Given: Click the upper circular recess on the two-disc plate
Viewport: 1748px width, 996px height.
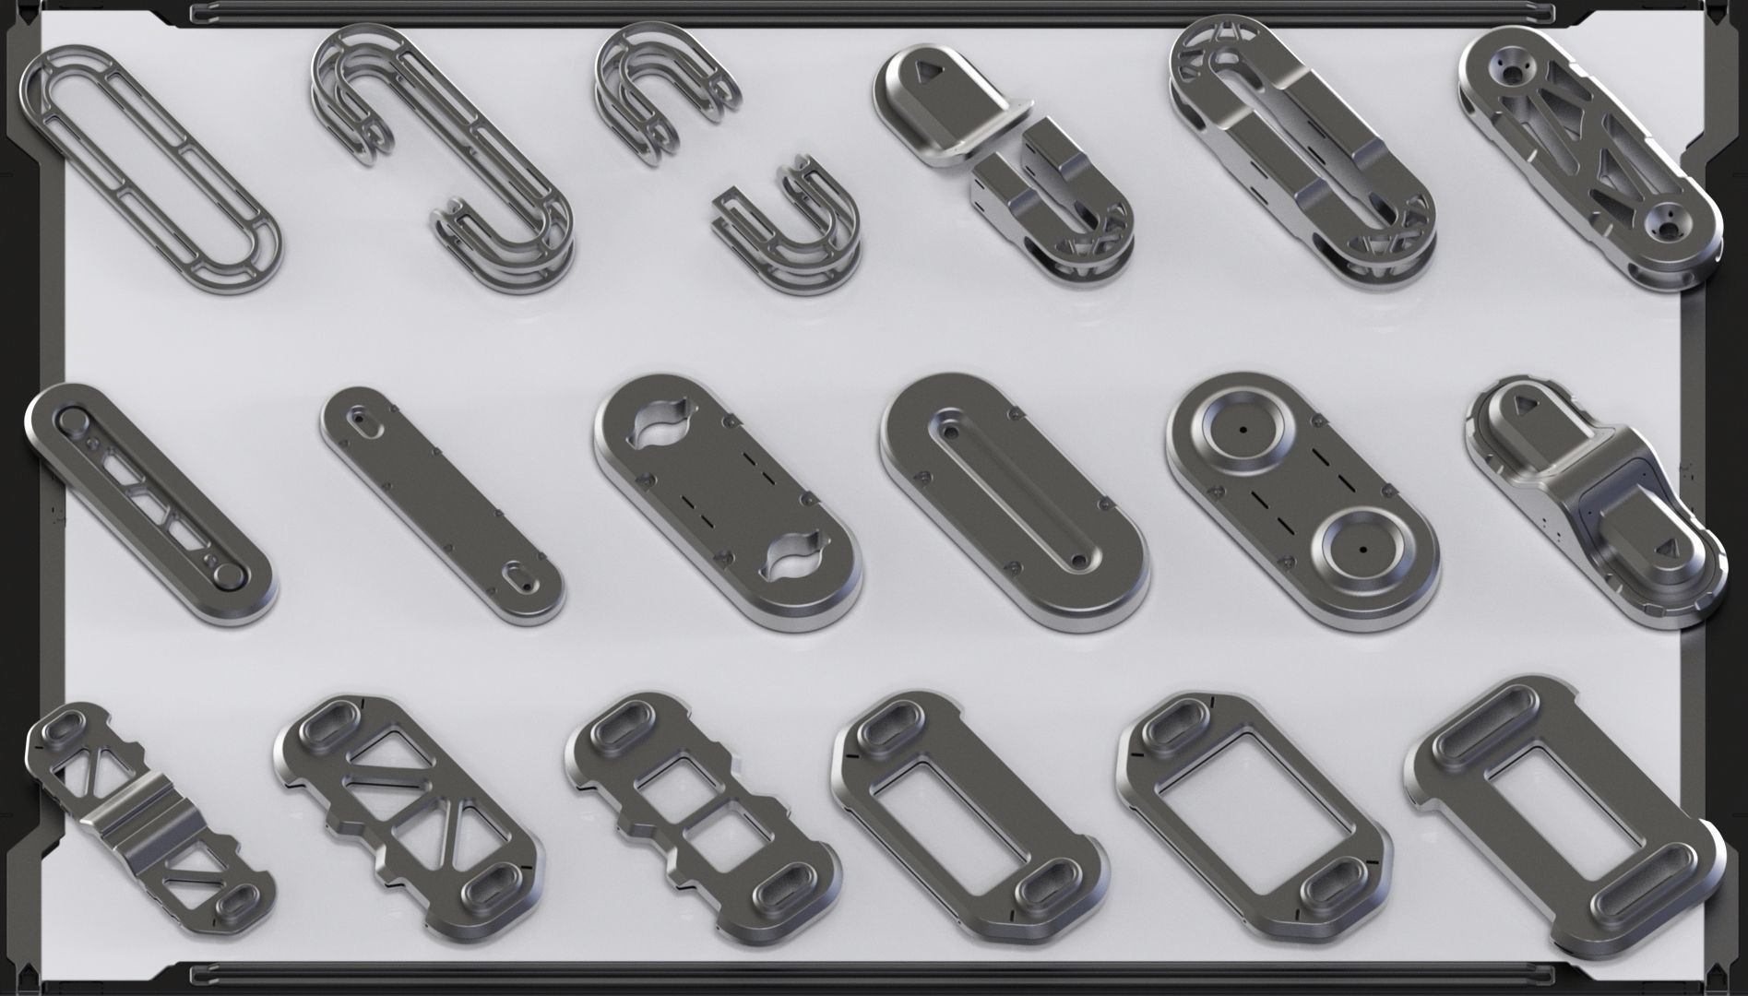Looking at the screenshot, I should click(x=1243, y=431).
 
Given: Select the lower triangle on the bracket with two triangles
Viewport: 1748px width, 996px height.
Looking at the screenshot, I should click(x=1667, y=550).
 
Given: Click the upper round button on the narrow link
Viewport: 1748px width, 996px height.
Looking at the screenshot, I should click(x=72, y=421).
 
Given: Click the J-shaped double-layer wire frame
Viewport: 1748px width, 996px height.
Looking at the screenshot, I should click(x=443, y=148).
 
